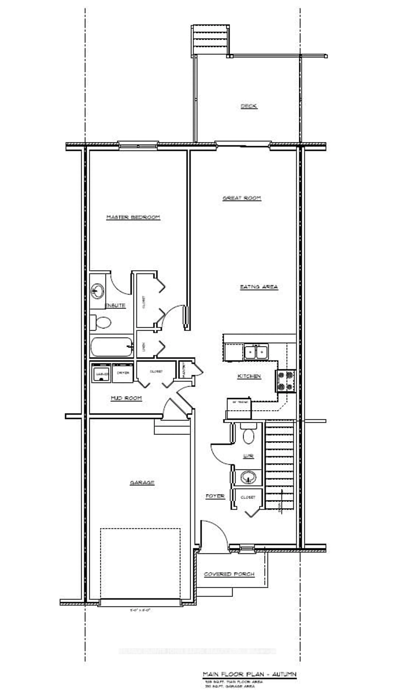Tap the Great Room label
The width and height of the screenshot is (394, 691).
click(x=242, y=198)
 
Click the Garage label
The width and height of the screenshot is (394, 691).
click(x=142, y=483)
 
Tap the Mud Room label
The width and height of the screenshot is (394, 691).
click(x=126, y=398)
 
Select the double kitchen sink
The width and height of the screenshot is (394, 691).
click(x=256, y=352)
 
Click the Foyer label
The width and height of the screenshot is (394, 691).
click(x=215, y=496)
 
